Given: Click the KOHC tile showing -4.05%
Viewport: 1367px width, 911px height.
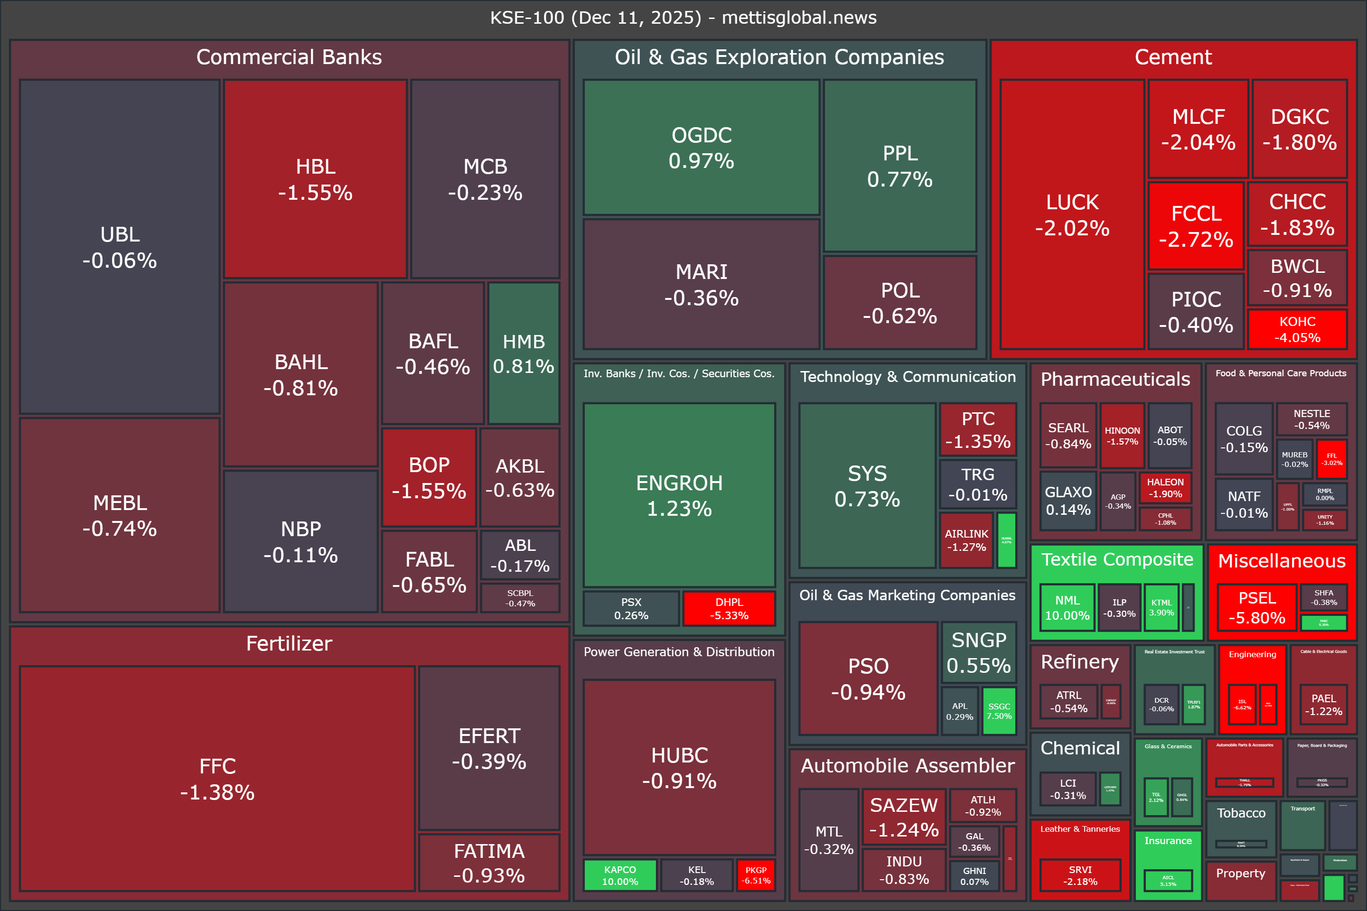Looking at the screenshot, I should click(1297, 329).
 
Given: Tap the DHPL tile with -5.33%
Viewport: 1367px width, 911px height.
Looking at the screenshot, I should click(729, 608).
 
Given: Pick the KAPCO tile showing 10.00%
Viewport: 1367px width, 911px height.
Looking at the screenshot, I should click(619, 875).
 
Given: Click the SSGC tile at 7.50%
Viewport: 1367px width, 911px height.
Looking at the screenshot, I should click(999, 711).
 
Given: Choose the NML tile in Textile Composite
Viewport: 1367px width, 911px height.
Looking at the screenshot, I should click(1067, 607).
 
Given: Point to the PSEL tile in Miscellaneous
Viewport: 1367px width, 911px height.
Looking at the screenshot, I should click(1256, 607).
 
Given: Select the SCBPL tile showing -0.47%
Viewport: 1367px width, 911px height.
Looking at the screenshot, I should click(520, 598).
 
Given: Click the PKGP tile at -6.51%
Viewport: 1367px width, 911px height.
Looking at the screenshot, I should click(756, 875).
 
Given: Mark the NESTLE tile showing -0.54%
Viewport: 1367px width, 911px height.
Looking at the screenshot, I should click(1311, 419).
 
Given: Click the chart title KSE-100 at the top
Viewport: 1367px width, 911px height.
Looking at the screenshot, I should click(683, 18).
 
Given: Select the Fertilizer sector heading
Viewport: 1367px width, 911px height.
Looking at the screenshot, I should click(289, 643).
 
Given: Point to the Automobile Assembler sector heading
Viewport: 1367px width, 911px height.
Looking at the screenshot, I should click(907, 765).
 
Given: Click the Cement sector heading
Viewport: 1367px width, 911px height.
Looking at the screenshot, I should click(1173, 57).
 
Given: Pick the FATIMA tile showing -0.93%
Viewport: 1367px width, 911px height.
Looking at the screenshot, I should click(489, 863).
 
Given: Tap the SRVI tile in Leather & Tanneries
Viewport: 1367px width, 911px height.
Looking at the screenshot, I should click(1080, 875).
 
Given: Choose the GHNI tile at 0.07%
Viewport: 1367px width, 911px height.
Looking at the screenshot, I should click(974, 875).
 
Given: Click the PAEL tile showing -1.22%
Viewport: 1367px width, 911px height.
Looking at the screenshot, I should click(1323, 704).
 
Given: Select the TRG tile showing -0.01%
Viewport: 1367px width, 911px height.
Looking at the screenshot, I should click(978, 484).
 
